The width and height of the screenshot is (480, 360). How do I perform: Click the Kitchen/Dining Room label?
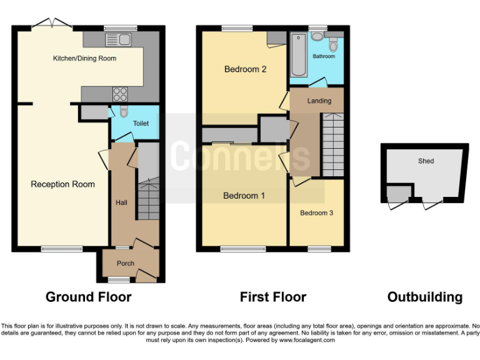pyautogui.click(x=84, y=58)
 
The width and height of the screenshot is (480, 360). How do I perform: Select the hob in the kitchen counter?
pyautogui.click(x=119, y=94)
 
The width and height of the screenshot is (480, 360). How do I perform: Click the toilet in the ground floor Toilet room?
pyautogui.click(x=123, y=112)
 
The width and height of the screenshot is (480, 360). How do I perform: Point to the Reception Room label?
pyautogui.click(x=62, y=184)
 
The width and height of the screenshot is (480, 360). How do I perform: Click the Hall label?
pyautogui.click(x=121, y=202)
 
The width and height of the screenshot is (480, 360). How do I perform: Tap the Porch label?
pyautogui.click(x=126, y=263)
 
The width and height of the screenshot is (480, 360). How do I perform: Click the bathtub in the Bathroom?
pyautogui.click(x=296, y=55)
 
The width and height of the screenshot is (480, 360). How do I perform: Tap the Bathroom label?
pyautogui.click(x=324, y=56)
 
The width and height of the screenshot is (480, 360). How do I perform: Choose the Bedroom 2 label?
pyautogui.click(x=246, y=69)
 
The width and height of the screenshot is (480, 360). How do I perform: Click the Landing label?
pyautogui.click(x=319, y=100)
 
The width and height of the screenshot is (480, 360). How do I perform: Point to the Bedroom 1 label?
pyautogui.click(x=244, y=196)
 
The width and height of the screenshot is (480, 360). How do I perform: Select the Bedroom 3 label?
pyautogui.click(x=316, y=213)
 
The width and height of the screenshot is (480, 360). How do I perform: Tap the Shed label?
pyautogui.click(x=426, y=161)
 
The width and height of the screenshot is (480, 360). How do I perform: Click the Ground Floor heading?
pyautogui.click(x=88, y=297)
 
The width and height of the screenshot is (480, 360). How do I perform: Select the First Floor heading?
pyautogui.click(x=273, y=297)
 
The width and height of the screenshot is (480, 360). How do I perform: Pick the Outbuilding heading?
pyautogui.click(x=425, y=297)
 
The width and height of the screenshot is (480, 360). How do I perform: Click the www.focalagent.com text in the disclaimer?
pyautogui.click(x=307, y=340)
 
